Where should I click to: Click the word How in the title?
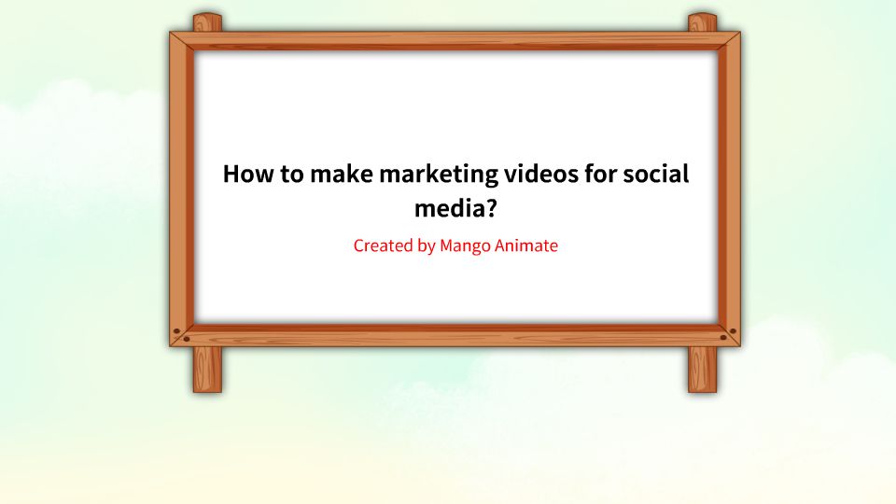click(247, 175)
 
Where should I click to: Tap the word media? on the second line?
click(455, 207)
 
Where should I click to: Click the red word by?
click(426, 247)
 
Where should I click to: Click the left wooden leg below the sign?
click(207, 370)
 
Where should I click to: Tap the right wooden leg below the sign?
click(702, 370)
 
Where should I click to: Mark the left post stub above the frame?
click(207, 22)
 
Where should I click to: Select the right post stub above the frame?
click(702, 22)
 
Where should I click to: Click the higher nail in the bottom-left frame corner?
click(176, 331)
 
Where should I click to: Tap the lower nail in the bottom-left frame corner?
click(186, 339)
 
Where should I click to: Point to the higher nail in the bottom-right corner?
click(733, 331)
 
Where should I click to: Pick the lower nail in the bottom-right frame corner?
click(723, 338)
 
